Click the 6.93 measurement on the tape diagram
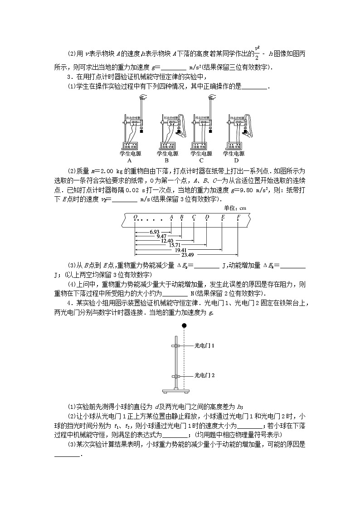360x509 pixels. [154, 232]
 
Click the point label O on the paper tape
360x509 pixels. [135, 217]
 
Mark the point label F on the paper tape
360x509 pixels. [238, 217]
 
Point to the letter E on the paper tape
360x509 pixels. [223, 217]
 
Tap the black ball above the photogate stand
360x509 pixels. [184, 325]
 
